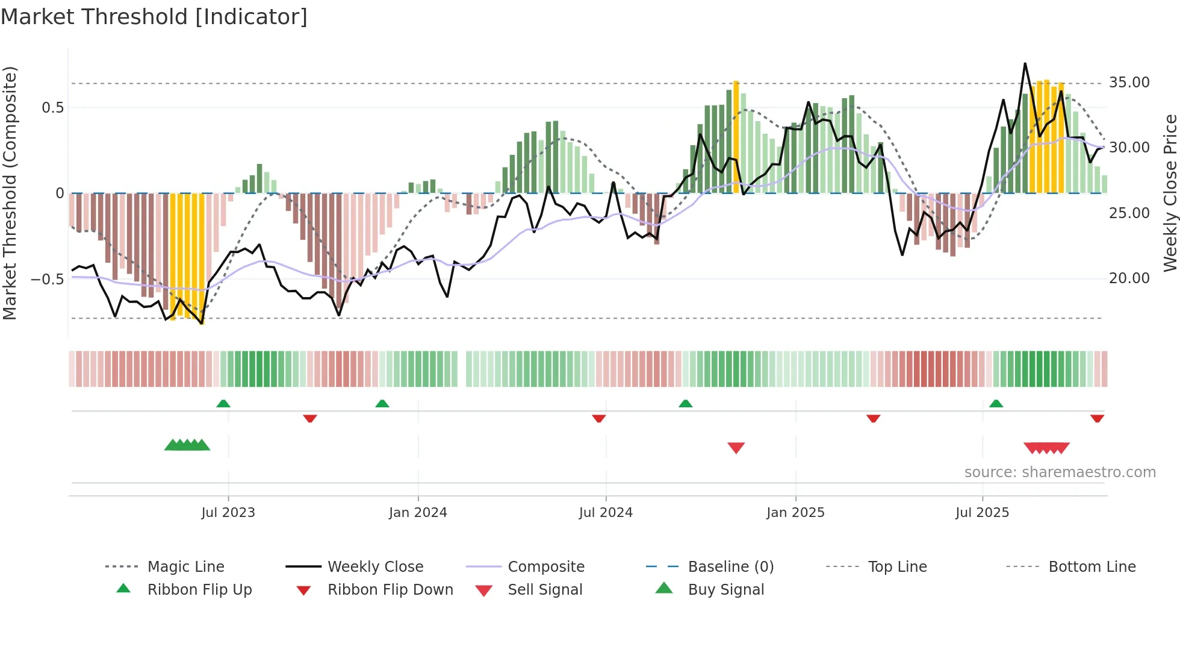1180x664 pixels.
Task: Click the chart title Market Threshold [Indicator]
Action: point(154,17)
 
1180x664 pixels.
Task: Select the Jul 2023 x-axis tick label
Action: point(228,513)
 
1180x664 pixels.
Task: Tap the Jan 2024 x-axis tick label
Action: point(418,513)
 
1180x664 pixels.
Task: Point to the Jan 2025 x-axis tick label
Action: point(795,513)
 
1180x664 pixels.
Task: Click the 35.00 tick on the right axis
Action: point(1129,83)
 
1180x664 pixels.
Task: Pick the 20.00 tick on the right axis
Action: point(1129,278)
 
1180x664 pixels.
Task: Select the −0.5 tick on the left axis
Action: point(48,280)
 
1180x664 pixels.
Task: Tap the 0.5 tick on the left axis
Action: point(52,108)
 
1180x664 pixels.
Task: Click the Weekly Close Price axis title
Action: point(1170,193)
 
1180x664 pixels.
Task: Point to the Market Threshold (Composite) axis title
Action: point(10,193)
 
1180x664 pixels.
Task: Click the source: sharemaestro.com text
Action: point(1060,472)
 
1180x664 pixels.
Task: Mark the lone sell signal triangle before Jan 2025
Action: point(736,447)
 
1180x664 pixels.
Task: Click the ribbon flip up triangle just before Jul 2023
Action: point(223,403)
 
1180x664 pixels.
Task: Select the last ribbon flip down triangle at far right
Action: point(1097,418)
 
